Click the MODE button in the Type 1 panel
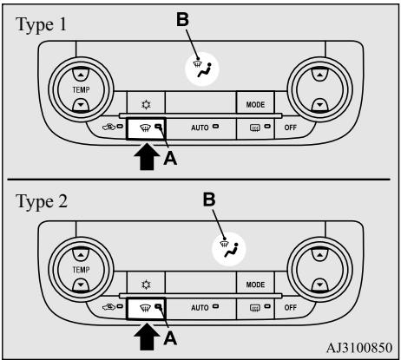click(x=255, y=102)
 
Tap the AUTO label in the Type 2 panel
click(x=200, y=307)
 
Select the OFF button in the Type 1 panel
click(x=290, y=128)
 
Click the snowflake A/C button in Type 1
click(x=146, y=104)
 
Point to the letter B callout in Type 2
click(x=209, y=200)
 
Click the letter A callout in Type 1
click(x=170, y=158)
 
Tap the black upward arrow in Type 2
click(x=147, y=337)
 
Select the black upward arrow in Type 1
click(x=147, y=156)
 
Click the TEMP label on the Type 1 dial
click(x=81, y=90)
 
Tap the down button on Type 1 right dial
click(x=319, y=105)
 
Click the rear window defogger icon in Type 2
click(x=255, y=308)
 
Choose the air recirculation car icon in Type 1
click(x=109, y=127)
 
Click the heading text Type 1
click(x=42, y=25)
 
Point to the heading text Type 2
click(x=42, y=202)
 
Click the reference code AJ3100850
click(x=359, y=348)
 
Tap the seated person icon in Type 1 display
click(x=205, y=70)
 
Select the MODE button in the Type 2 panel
click(x=255, y=283)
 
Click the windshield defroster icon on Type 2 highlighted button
click(x=145, y=309)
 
